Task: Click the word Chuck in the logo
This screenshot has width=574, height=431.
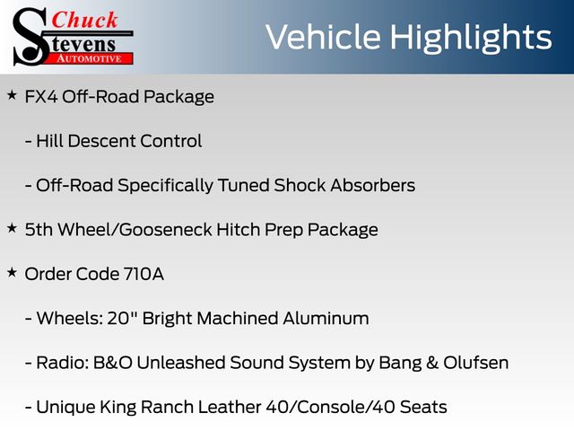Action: pyautogui.click(x=84, y=20)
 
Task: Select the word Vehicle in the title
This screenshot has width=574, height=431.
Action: pyautogui.click(x=323, y=37)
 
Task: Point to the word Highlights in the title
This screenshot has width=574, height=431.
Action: pyautogui.click(x=470, y=38)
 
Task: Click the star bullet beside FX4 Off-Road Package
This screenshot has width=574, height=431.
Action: pyautogui.click(x=12, y=96)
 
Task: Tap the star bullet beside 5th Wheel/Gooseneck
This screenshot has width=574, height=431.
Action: pyautogui.click(x=12, y=228)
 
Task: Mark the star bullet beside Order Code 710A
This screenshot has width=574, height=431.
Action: pyautogui.click(x=12, y=273)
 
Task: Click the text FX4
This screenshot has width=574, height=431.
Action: pyautogui.click(x=41, y=97)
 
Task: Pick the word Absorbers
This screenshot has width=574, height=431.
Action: pyautogui.click(x=373, y=185)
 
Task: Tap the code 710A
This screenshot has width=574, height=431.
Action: pyautogui.click(x=143, y=274)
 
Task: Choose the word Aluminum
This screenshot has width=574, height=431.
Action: pyautogui.click(x=326, y=318)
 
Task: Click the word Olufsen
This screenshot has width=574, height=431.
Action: pyautogui.click(x=476, y=363)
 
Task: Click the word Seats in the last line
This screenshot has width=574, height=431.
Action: pyautogui.click(x=423, y=407)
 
